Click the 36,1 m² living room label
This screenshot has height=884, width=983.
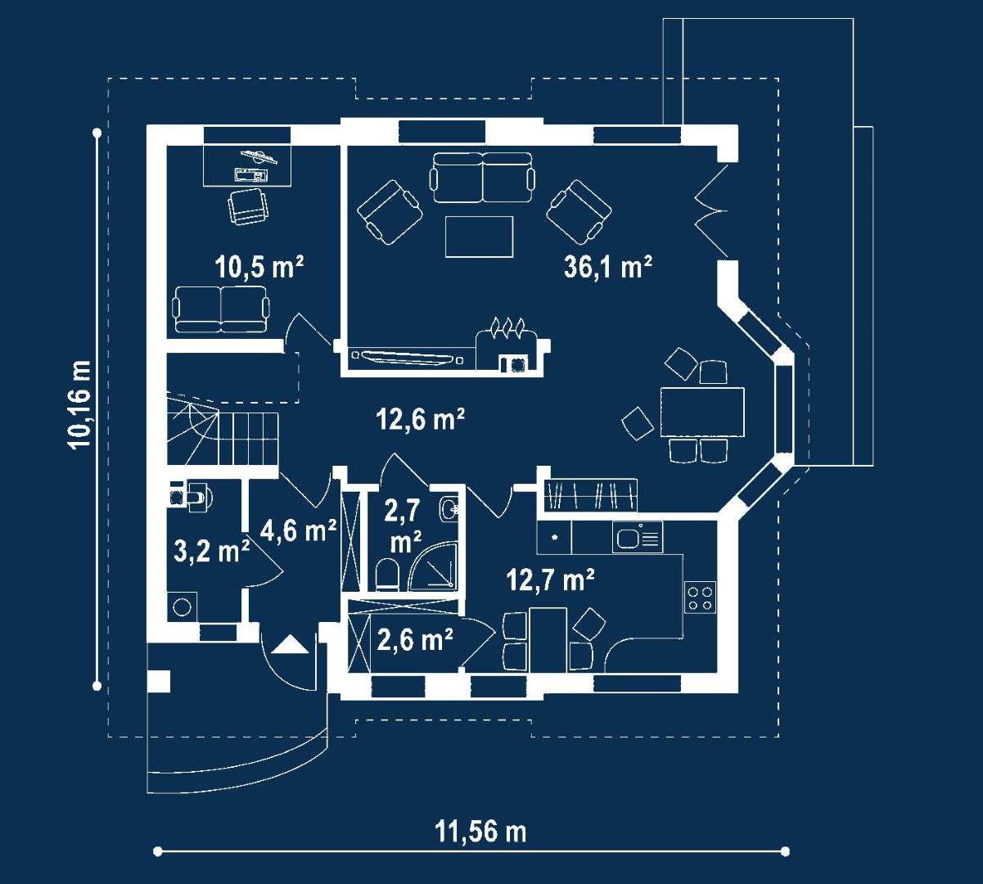click(x=607, y=268)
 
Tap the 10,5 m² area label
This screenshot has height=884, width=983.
click(x=259, y=268)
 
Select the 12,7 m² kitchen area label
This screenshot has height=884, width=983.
click(x=550, y=580)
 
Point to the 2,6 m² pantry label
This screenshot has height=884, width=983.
click(x=415, y=640)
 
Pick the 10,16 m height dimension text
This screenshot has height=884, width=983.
click(x=79, y=405)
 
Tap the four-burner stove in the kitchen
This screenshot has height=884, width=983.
click(x=700, y=598)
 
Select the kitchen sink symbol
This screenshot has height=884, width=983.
click(x=637, y=538)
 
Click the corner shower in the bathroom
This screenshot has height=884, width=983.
click(x=434, y=566)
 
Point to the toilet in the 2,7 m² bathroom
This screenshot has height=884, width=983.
click(x=387, y=575)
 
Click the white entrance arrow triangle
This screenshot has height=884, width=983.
click(x=290, y=644)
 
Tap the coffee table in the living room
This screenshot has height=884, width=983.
click(x=480, y=237)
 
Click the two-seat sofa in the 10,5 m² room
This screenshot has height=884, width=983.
click(x=221, y=309)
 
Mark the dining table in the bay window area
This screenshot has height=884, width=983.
click(x=702, y=412)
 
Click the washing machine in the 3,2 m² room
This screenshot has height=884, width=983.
click(x=182, y=607)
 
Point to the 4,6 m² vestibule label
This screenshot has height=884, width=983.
click(x=298, y=530)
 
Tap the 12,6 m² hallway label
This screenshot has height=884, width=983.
click(x=420, y=420)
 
